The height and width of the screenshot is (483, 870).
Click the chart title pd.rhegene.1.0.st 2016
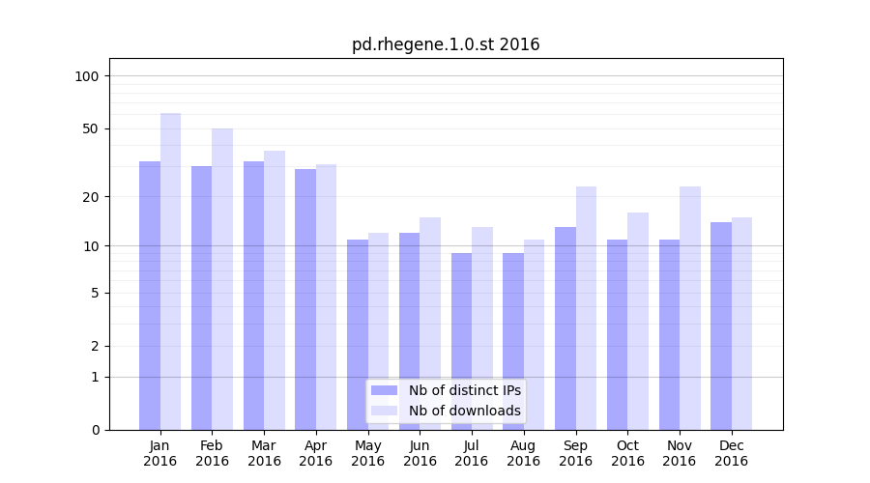point(446,45)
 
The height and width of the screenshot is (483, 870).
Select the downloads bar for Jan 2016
point(171,271)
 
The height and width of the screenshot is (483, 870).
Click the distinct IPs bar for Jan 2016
point(150,296)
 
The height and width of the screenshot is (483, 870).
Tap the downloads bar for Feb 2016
point(222,279)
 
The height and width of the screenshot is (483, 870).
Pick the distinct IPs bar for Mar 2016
point(253,296)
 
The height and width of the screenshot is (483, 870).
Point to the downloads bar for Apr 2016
point(327,297)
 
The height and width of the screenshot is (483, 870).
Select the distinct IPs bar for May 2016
point(358,334)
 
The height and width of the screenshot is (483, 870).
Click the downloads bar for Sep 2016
point(586,308)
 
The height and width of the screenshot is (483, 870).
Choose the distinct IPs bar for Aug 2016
point(513,341)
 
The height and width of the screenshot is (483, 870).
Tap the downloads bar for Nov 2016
point(690,308)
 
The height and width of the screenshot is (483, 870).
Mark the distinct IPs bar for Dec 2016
point(721,326)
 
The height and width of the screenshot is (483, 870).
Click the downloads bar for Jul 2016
point(482,328)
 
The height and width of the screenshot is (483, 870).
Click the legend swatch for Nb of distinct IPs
point(385,390)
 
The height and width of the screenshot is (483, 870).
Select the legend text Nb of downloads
point(465,411)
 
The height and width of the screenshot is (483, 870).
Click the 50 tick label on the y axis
point(90,128)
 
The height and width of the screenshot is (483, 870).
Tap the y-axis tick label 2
point(95,346)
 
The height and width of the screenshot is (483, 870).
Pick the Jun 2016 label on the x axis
point(420,453)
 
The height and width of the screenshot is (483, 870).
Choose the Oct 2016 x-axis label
point(627,453)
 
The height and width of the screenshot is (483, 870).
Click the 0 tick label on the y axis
point(95,430)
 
